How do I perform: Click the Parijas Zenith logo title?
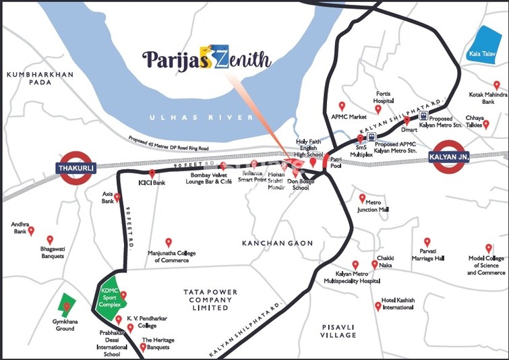[207, 59]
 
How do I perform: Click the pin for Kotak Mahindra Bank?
[497, 86]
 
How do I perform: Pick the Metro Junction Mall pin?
[362, 199]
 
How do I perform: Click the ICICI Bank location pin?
[152, 174]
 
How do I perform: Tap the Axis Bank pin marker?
[117, 198]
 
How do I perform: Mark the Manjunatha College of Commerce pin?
[169, 243]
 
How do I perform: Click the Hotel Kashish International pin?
[378, 306]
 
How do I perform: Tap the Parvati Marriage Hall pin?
[427, 242]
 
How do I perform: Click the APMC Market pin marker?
[342, 107]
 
